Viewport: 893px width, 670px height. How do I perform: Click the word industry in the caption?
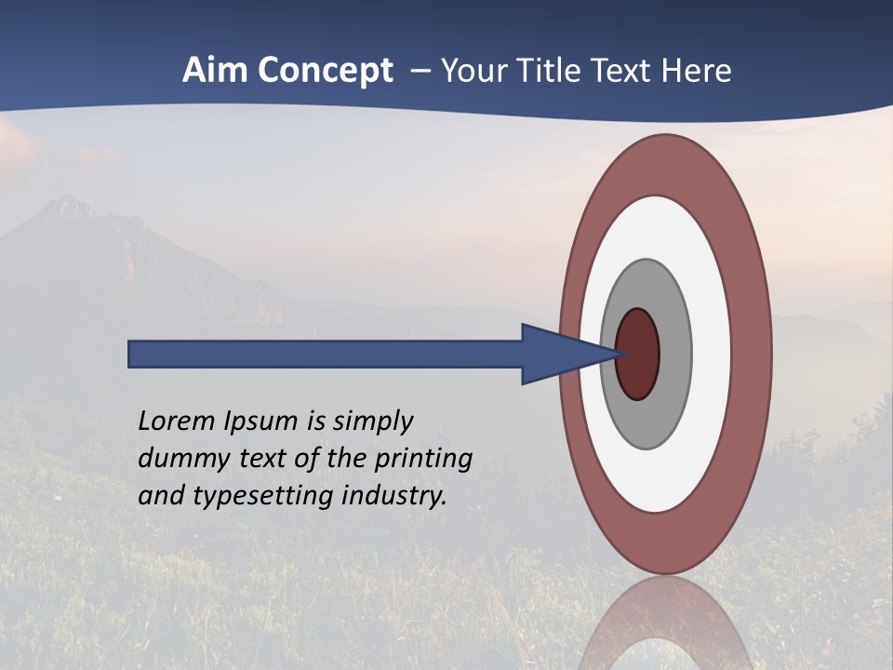(x=394, y=495)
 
